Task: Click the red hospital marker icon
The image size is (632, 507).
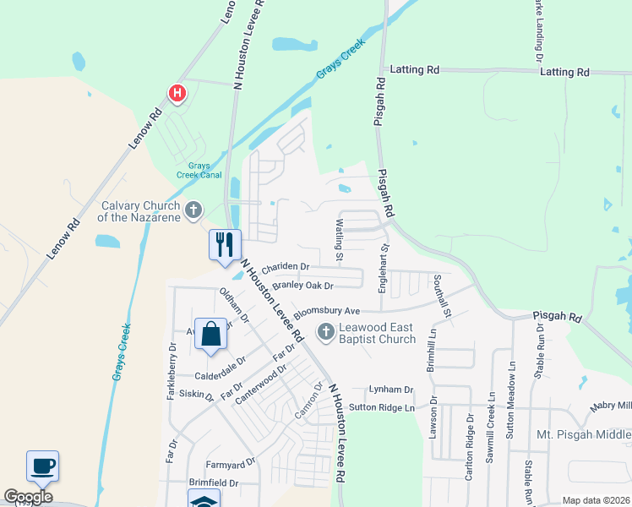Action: click(x=177, y=93)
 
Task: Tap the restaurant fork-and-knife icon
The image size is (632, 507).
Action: click(x=225, y=244)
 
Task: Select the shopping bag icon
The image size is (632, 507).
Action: click(x=211, y=333)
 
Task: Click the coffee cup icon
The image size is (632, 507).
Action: click(x=42, y=465)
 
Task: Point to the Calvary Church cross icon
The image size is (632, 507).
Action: click(x=193, y=210)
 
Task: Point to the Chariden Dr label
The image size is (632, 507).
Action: click(x=286, y=267)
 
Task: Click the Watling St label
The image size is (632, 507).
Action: click(x=340, y=239)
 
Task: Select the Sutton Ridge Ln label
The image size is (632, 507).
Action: click(x=383, y=407)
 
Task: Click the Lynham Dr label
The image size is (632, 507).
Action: click(x=390, y=390)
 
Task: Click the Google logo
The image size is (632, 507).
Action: click(x=28, y=497)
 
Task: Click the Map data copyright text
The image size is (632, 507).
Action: click(x=595, y=500)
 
